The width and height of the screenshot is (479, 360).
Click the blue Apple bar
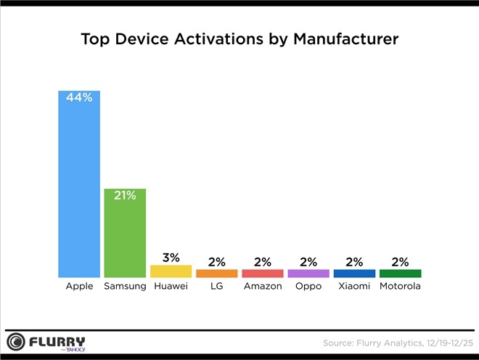tap(79, 189)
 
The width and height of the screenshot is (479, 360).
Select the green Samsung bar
tap(125, 236)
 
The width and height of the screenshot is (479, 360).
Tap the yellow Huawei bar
tap(171, 271)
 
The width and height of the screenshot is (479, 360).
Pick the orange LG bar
tap(216, 273)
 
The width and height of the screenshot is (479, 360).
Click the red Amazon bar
tap(262, 273)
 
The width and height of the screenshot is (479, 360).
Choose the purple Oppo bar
tap(308, 273)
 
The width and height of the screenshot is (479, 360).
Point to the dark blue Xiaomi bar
tap(354, 273)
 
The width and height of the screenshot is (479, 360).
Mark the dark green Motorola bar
tap(400, 273)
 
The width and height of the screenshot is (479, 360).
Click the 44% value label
tap(79, 98)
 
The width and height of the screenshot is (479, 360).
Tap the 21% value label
tap(125, 195)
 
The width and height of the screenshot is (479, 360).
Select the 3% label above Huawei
tap(171, 257)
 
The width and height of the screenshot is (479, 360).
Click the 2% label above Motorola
tap(400, 261)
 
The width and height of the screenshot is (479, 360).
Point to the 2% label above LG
tap(216, 261)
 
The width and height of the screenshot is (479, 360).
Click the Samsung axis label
tap(125, 287)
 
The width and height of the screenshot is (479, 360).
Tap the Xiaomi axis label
tap(354, 287)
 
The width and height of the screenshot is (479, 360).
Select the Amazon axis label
tap(262, 287)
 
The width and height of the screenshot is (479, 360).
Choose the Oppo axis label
tap(308, 287)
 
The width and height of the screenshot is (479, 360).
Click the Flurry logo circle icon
tap(16, 342)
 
